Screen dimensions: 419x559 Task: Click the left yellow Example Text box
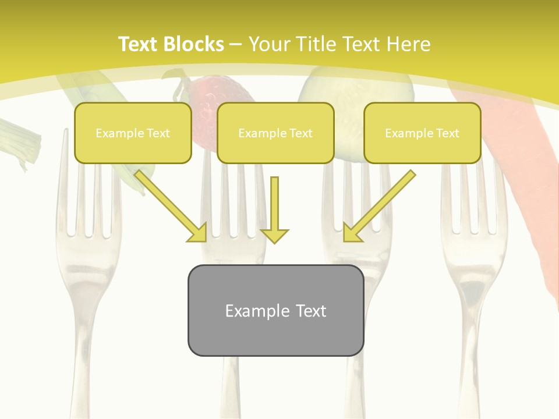(x=133, y=133)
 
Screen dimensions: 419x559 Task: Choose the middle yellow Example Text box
(x=275, y=133)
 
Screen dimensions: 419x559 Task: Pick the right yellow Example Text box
(x=422, y=133)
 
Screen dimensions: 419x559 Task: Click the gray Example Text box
(x=275, y=310)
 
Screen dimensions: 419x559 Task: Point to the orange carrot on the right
(x=518, y=163)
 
